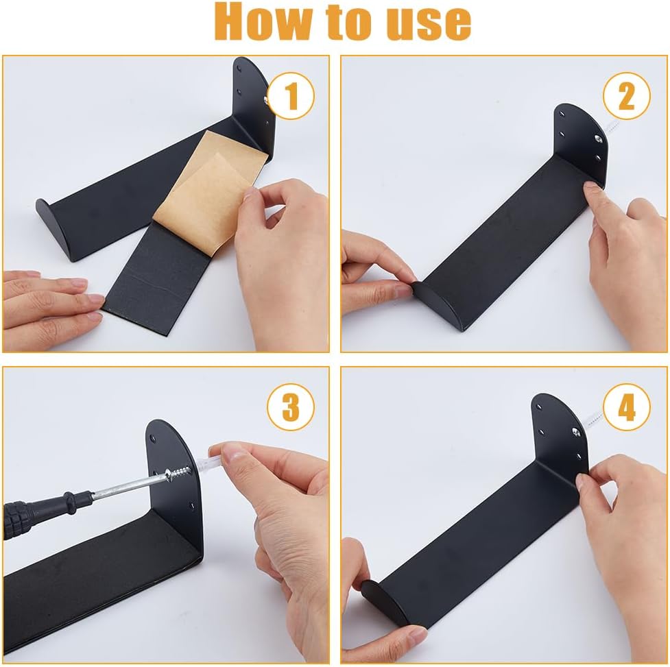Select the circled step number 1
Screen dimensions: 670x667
tap(291, 96)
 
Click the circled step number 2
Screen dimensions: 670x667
tap(626, 96)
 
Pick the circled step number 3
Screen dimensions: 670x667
tap(291, 407)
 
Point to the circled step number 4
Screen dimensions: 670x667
tap(626, 407)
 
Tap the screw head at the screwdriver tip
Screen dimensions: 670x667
tap(170, 474)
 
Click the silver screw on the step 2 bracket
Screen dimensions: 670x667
tap(598, 138)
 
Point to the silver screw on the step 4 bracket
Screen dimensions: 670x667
tap(576, 431)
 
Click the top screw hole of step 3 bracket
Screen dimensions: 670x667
tap(152, 437)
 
